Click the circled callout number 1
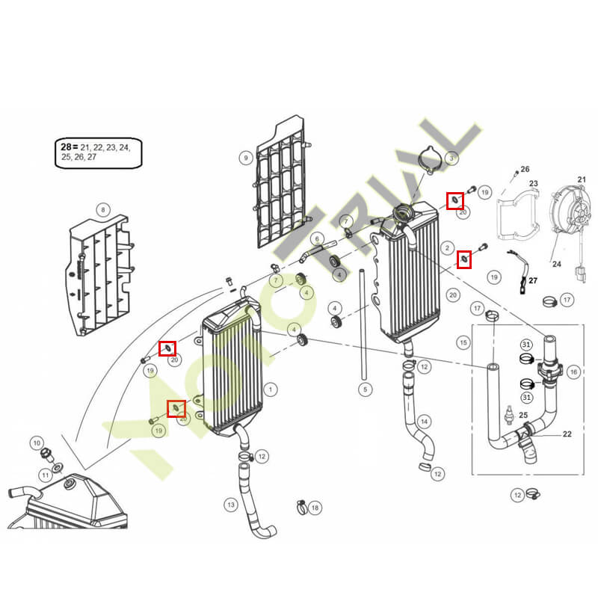[x=271, y=389]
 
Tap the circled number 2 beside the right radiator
[x=447, y=248]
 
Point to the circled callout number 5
[x=366, y=389]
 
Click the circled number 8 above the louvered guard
[x=103, y=210]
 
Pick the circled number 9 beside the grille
[x=246, y=158]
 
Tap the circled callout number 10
[x=37, y=443]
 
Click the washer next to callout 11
[x=59, y=466]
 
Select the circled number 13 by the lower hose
[x=231, y=505]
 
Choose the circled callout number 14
[x=425, y=422]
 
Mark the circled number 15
[x=463, y=342]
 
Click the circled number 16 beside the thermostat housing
[x=573, y=372]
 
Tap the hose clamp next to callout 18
[x=302, y=507]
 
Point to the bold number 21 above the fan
[x=582, y=179]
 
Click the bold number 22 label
[x=567, y=434]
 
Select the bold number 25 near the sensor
[x=523, y=415]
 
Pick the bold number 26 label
[x=525, y=169]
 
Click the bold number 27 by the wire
[x=533, y=281]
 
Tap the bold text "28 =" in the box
[x=69, y=147]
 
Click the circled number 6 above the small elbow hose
[x=317, y=239]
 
